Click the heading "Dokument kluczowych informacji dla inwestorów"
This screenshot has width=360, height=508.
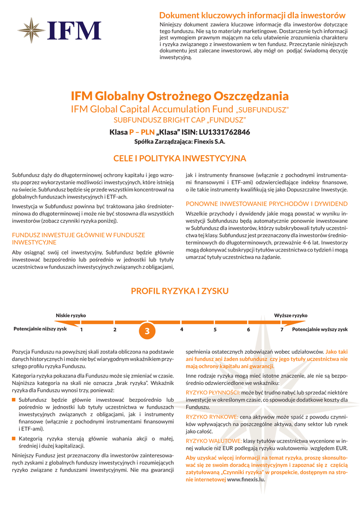(x=252, y=15)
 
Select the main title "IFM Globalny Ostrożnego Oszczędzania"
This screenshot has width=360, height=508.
(x=179, y=96)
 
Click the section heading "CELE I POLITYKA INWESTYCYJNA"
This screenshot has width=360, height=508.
(x=180, y=159)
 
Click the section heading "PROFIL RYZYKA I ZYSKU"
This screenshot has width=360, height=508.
(x=180, y=291)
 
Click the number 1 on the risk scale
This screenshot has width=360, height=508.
(x=81, y=329)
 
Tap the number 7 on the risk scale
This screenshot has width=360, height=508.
(x=282, y=329)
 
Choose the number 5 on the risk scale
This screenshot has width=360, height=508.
(x=215, y=329)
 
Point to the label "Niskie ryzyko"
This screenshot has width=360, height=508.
(x=71, y=316)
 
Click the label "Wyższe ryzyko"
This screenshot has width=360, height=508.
(x=290, y=316)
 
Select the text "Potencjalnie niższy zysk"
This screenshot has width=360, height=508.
(x=40, y=329)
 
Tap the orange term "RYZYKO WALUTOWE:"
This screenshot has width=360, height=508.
(x=214, y=441)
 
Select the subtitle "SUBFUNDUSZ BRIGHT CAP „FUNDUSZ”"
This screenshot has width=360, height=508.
(x=180, y=121)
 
